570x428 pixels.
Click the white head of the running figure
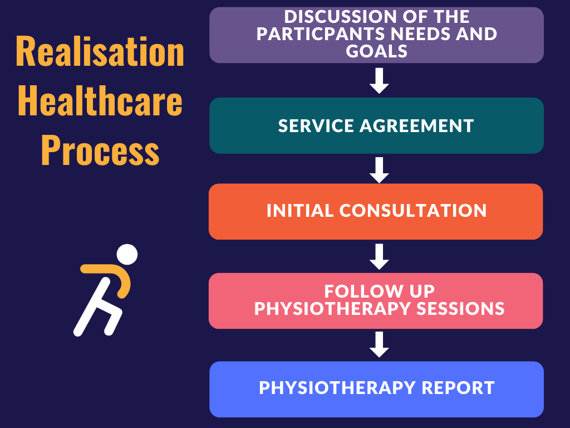click(127, 254)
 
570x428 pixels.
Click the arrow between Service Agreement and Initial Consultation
click(379, 169)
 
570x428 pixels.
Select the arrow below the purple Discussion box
click(379, 81)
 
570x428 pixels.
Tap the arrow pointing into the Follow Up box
click(379, 256)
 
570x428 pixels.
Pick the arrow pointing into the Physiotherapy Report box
click(379, 344)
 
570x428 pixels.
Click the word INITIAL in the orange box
click(300, 211)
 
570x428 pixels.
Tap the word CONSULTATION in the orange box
click(413, 211)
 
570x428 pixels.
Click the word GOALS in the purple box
click(377, 52)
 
